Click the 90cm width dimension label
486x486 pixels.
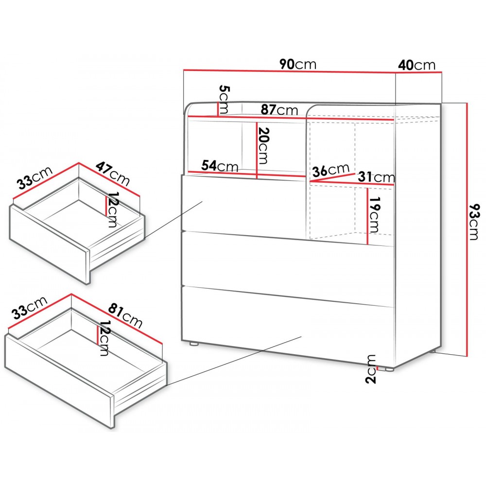click(x=298, y=64)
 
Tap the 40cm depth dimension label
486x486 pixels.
click(x=417, y=64)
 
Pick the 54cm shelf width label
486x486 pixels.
click(x=220, y=166)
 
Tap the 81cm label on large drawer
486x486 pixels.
click(x=125, y=315)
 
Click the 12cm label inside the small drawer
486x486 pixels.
click(x=111, y=209)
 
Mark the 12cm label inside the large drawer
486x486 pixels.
click(x=104, y=338)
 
